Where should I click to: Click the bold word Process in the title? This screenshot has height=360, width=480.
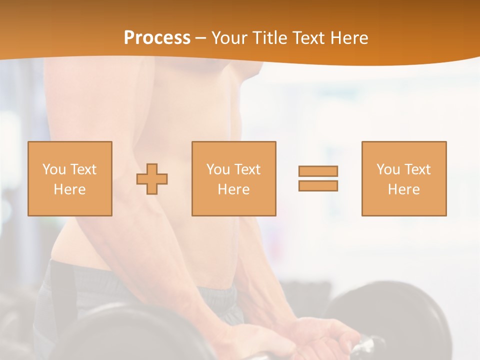[157, 38]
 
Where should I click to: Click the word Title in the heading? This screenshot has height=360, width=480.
[270, 38]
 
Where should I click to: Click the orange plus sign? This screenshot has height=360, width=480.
[152, 178]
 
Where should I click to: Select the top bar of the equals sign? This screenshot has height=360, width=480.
[318, 171]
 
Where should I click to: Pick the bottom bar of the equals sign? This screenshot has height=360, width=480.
[318, 185]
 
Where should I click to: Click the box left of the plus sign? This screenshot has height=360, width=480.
[70, 178]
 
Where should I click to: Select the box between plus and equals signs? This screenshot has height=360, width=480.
[233, 178]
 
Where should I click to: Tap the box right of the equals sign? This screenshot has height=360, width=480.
[404, 178]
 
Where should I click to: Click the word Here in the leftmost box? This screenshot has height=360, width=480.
[69, 189]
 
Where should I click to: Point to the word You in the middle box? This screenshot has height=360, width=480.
[218, 169]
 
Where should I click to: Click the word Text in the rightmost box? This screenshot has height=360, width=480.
[417, 169]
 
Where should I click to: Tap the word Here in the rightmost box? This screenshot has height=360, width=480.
[403, 189]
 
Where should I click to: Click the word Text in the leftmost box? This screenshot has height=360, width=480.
[83, 169]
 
